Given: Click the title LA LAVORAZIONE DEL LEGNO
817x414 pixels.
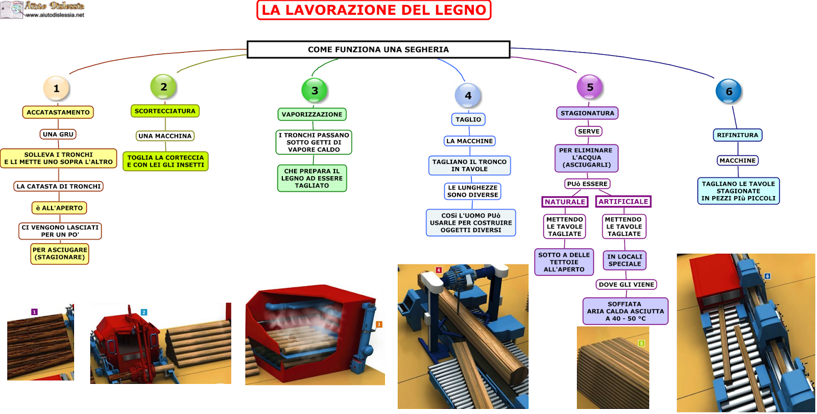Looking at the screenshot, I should pyautogui.click(x=374, y=10).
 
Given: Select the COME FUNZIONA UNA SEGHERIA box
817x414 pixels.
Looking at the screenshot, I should pyautogui.click(x=378, y=50).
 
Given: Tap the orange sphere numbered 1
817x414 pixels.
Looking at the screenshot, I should pyautogui.click(x=56, y=88).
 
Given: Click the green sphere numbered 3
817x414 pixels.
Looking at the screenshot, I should pyautogui.click(x=315, y=91).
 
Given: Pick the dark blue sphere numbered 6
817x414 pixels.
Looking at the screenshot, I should pyautogui.click(x=729, y=91).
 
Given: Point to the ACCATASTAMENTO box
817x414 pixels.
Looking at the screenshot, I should pyautogui.click(x=58, y=112).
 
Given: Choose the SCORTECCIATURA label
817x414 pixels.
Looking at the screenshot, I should pyautogui.click(x=165, y=111).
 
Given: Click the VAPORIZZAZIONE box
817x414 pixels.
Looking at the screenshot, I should pyautogui.click(x=312, y=114).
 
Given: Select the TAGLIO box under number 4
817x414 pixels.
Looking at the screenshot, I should pyautogui.click(x=468, y=119).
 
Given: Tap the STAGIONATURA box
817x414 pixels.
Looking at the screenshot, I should pyautogui.click(x=587, y=113).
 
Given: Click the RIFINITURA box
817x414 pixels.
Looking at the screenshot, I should pyautogui.click(x=737, y=135).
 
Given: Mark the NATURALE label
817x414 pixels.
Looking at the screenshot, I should pyautogui.click(x=565, y=202).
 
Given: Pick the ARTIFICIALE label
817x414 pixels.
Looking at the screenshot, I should pyautogui.click(x=623, y=202).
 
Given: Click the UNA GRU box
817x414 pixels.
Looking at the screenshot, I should pyautogui.click(x=58, y=134).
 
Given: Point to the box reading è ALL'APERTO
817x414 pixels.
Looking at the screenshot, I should pyautogui.click(x=59, y=208).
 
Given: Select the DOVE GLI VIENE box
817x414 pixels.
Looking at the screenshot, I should pyautogui.click(x=627, y=284).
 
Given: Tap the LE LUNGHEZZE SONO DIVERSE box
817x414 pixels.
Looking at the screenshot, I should pyautogui.click(x=473, y=191).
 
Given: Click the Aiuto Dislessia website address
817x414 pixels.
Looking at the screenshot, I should pyautogui.click(x=55, y=15).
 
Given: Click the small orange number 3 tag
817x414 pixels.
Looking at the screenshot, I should pyautogui.click(x=379, y=325).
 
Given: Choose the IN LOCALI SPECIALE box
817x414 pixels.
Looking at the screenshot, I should pyautogui.click(x=624, y=260).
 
